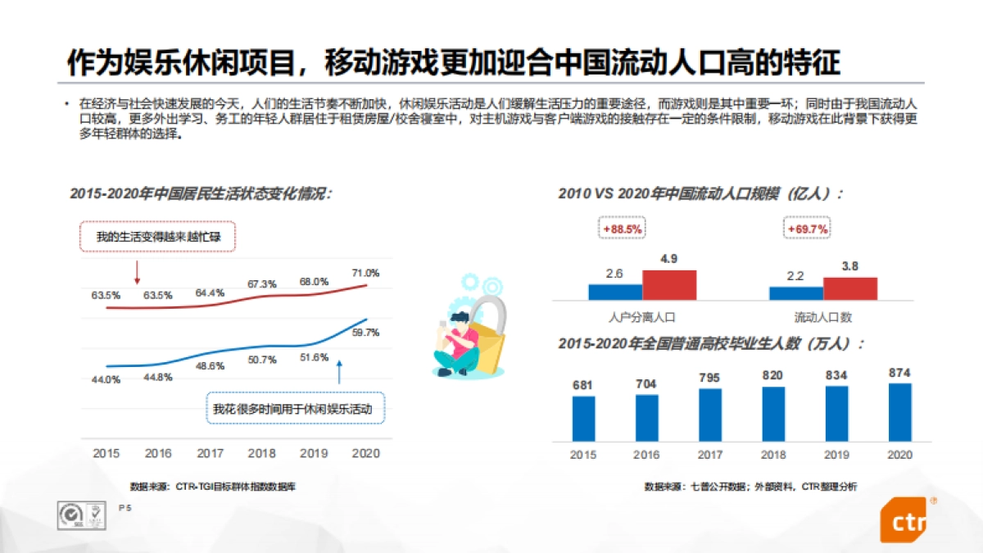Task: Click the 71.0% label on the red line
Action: [366, 273]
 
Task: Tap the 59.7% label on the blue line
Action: [366, 333]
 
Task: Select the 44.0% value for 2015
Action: [106, 379]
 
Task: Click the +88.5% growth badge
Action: [622, 229]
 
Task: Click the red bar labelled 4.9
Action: [668, 285]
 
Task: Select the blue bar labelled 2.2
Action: [795, 293]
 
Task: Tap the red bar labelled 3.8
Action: [849, 288]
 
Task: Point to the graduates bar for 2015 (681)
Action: [583, 419]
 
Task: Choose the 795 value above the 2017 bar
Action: [710, 378]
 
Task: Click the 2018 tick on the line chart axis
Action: [262, 453]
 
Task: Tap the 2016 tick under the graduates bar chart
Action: [646, 455]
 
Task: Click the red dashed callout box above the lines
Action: [158, 238]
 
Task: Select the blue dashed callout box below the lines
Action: [297, 409]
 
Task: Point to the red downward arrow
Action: [137, 272]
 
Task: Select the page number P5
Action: [125, 509]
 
